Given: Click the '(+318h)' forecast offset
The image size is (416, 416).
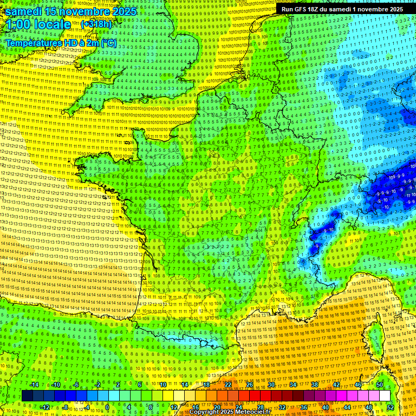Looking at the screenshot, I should pos(96,24).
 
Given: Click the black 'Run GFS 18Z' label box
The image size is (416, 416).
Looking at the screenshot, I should pos(342,9).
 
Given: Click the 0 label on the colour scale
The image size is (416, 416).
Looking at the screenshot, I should pos(107,407).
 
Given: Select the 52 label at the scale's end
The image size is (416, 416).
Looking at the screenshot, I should pos(391,407).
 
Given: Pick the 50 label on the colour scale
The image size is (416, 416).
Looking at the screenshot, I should pos(380,385).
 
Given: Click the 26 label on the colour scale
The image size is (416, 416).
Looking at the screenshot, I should pos(250,385).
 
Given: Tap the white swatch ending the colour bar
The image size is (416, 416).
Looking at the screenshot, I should pos(385,396).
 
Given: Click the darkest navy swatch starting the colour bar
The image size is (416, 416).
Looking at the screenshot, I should pos(27,396).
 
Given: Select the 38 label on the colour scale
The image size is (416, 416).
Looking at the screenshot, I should pos(315,385).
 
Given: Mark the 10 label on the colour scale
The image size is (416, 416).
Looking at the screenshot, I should pos(163,385).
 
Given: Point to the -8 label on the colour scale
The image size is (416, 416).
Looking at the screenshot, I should pos(66,407).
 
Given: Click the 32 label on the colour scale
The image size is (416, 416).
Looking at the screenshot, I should pos(282,407).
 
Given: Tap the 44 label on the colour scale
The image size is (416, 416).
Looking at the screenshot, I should pos(347,407).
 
